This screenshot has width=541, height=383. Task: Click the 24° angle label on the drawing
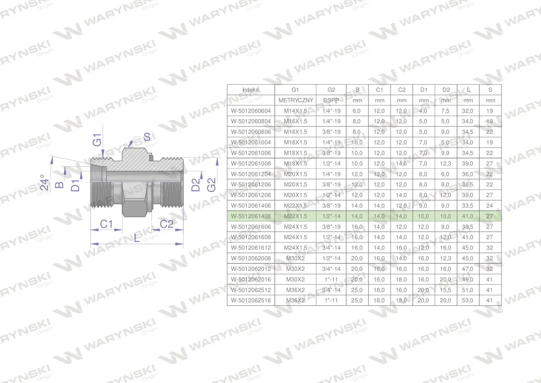coord(44,182)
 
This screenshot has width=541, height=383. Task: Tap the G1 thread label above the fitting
coord(97,140)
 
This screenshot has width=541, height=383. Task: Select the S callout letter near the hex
coord(147,137)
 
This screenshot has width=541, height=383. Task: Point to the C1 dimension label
coord(106,224)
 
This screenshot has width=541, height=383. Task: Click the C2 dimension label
coord(167,224)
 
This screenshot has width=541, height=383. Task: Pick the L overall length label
coord(137,238)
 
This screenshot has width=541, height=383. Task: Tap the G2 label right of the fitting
coord(211,185)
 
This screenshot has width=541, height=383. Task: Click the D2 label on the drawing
coord(196,185)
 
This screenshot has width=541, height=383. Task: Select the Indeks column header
coord(250,90)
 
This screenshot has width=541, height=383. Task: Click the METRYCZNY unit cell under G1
coord(296,100)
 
